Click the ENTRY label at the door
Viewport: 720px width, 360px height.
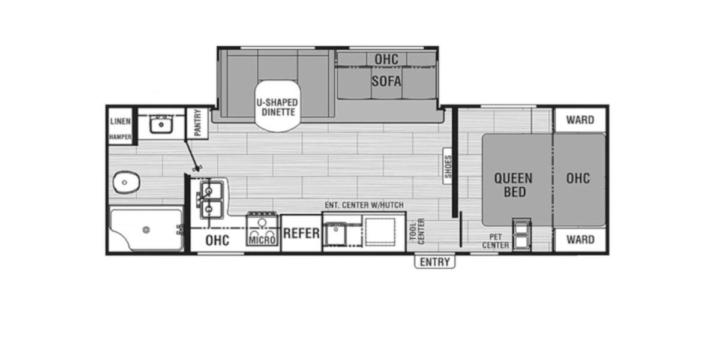(435, 262)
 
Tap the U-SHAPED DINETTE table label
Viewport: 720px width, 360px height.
(277, 107)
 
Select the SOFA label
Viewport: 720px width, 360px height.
(386, 80)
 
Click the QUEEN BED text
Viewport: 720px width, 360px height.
(513, 185)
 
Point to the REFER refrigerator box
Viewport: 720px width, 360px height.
(301, 233)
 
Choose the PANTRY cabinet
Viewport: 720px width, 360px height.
(197, 122)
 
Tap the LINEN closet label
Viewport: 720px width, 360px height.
(121, 121)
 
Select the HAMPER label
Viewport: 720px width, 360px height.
(121, 137)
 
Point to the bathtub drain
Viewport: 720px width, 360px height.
(145, 229)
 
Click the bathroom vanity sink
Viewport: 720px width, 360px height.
(160, 125)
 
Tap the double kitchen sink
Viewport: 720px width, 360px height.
(210, 199)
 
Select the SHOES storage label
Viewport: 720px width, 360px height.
(448, 167)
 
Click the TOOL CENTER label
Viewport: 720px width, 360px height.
(416, 232)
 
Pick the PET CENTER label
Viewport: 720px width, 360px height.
(496, 241)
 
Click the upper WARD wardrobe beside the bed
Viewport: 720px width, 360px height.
(580, 119)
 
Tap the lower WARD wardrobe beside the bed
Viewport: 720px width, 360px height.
(580, 240)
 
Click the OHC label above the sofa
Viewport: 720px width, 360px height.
(386, 59)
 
